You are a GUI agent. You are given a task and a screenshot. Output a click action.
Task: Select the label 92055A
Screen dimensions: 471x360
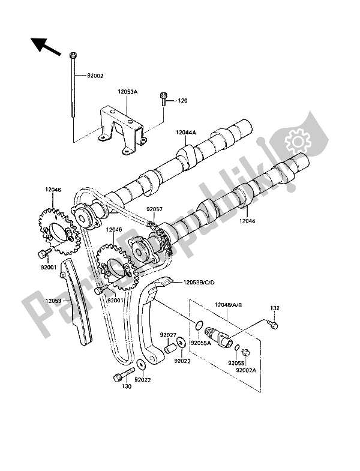(x=201, y=344)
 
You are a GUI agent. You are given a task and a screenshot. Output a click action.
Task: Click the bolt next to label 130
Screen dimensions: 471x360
(x=120, y=378)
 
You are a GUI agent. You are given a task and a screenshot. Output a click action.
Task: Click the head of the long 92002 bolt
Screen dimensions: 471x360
(x=73, y=55)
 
